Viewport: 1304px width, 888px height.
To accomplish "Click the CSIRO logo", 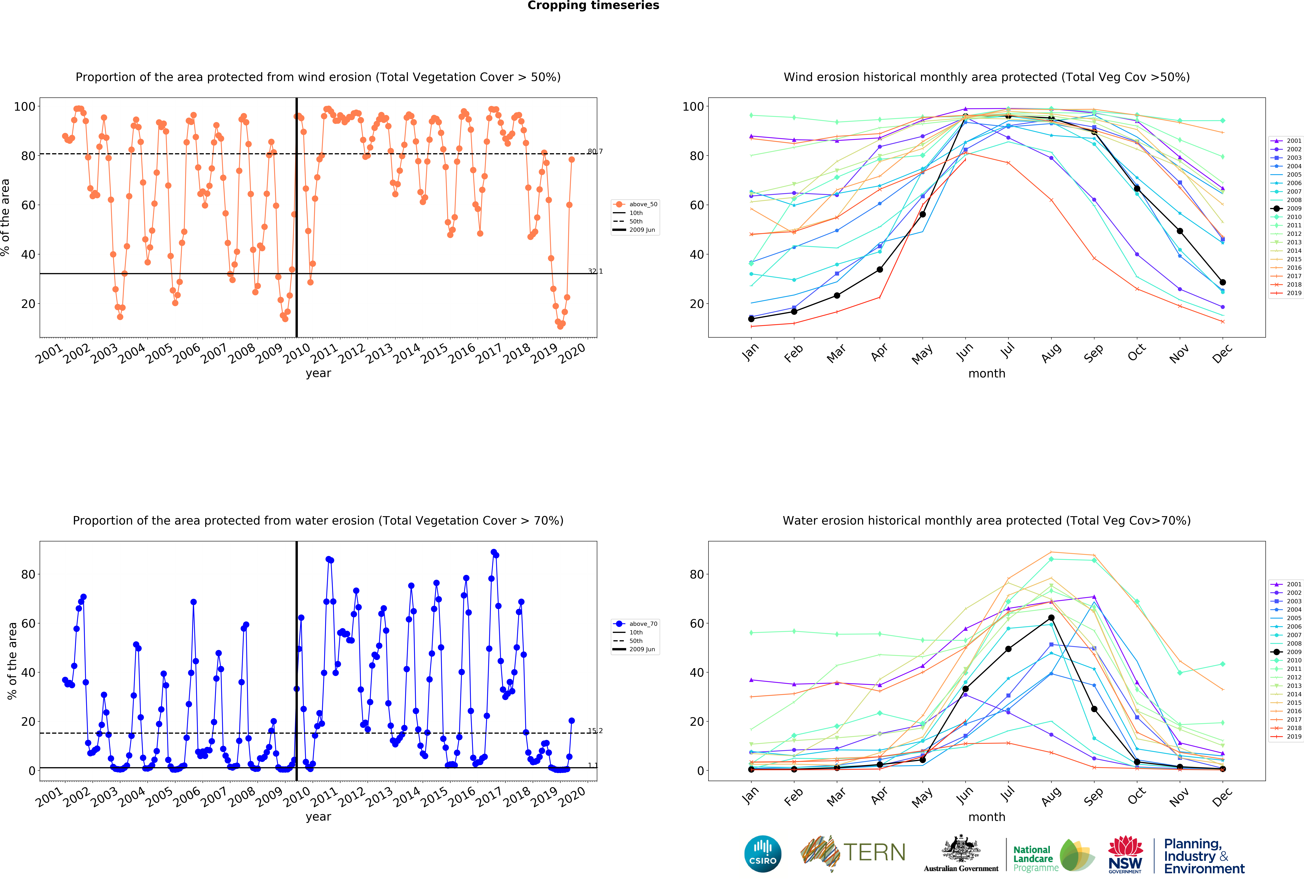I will pos(763,854).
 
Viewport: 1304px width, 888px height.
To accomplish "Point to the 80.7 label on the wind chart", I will pos(595,151).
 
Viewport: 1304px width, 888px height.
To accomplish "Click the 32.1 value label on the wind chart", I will pos(595,271).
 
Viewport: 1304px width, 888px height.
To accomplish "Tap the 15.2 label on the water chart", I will pos(595,730).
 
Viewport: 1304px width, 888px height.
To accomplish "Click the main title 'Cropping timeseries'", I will pos(593,6).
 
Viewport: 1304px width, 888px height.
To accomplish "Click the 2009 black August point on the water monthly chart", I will pos(1051,618).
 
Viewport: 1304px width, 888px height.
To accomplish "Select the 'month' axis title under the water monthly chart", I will pos(986,817).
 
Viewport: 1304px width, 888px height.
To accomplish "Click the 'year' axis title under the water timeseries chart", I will pos(318,817).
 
